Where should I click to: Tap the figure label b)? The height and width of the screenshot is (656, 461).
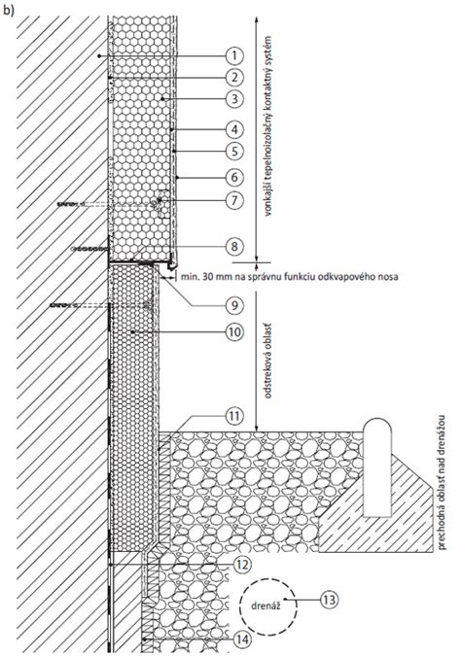11,10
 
